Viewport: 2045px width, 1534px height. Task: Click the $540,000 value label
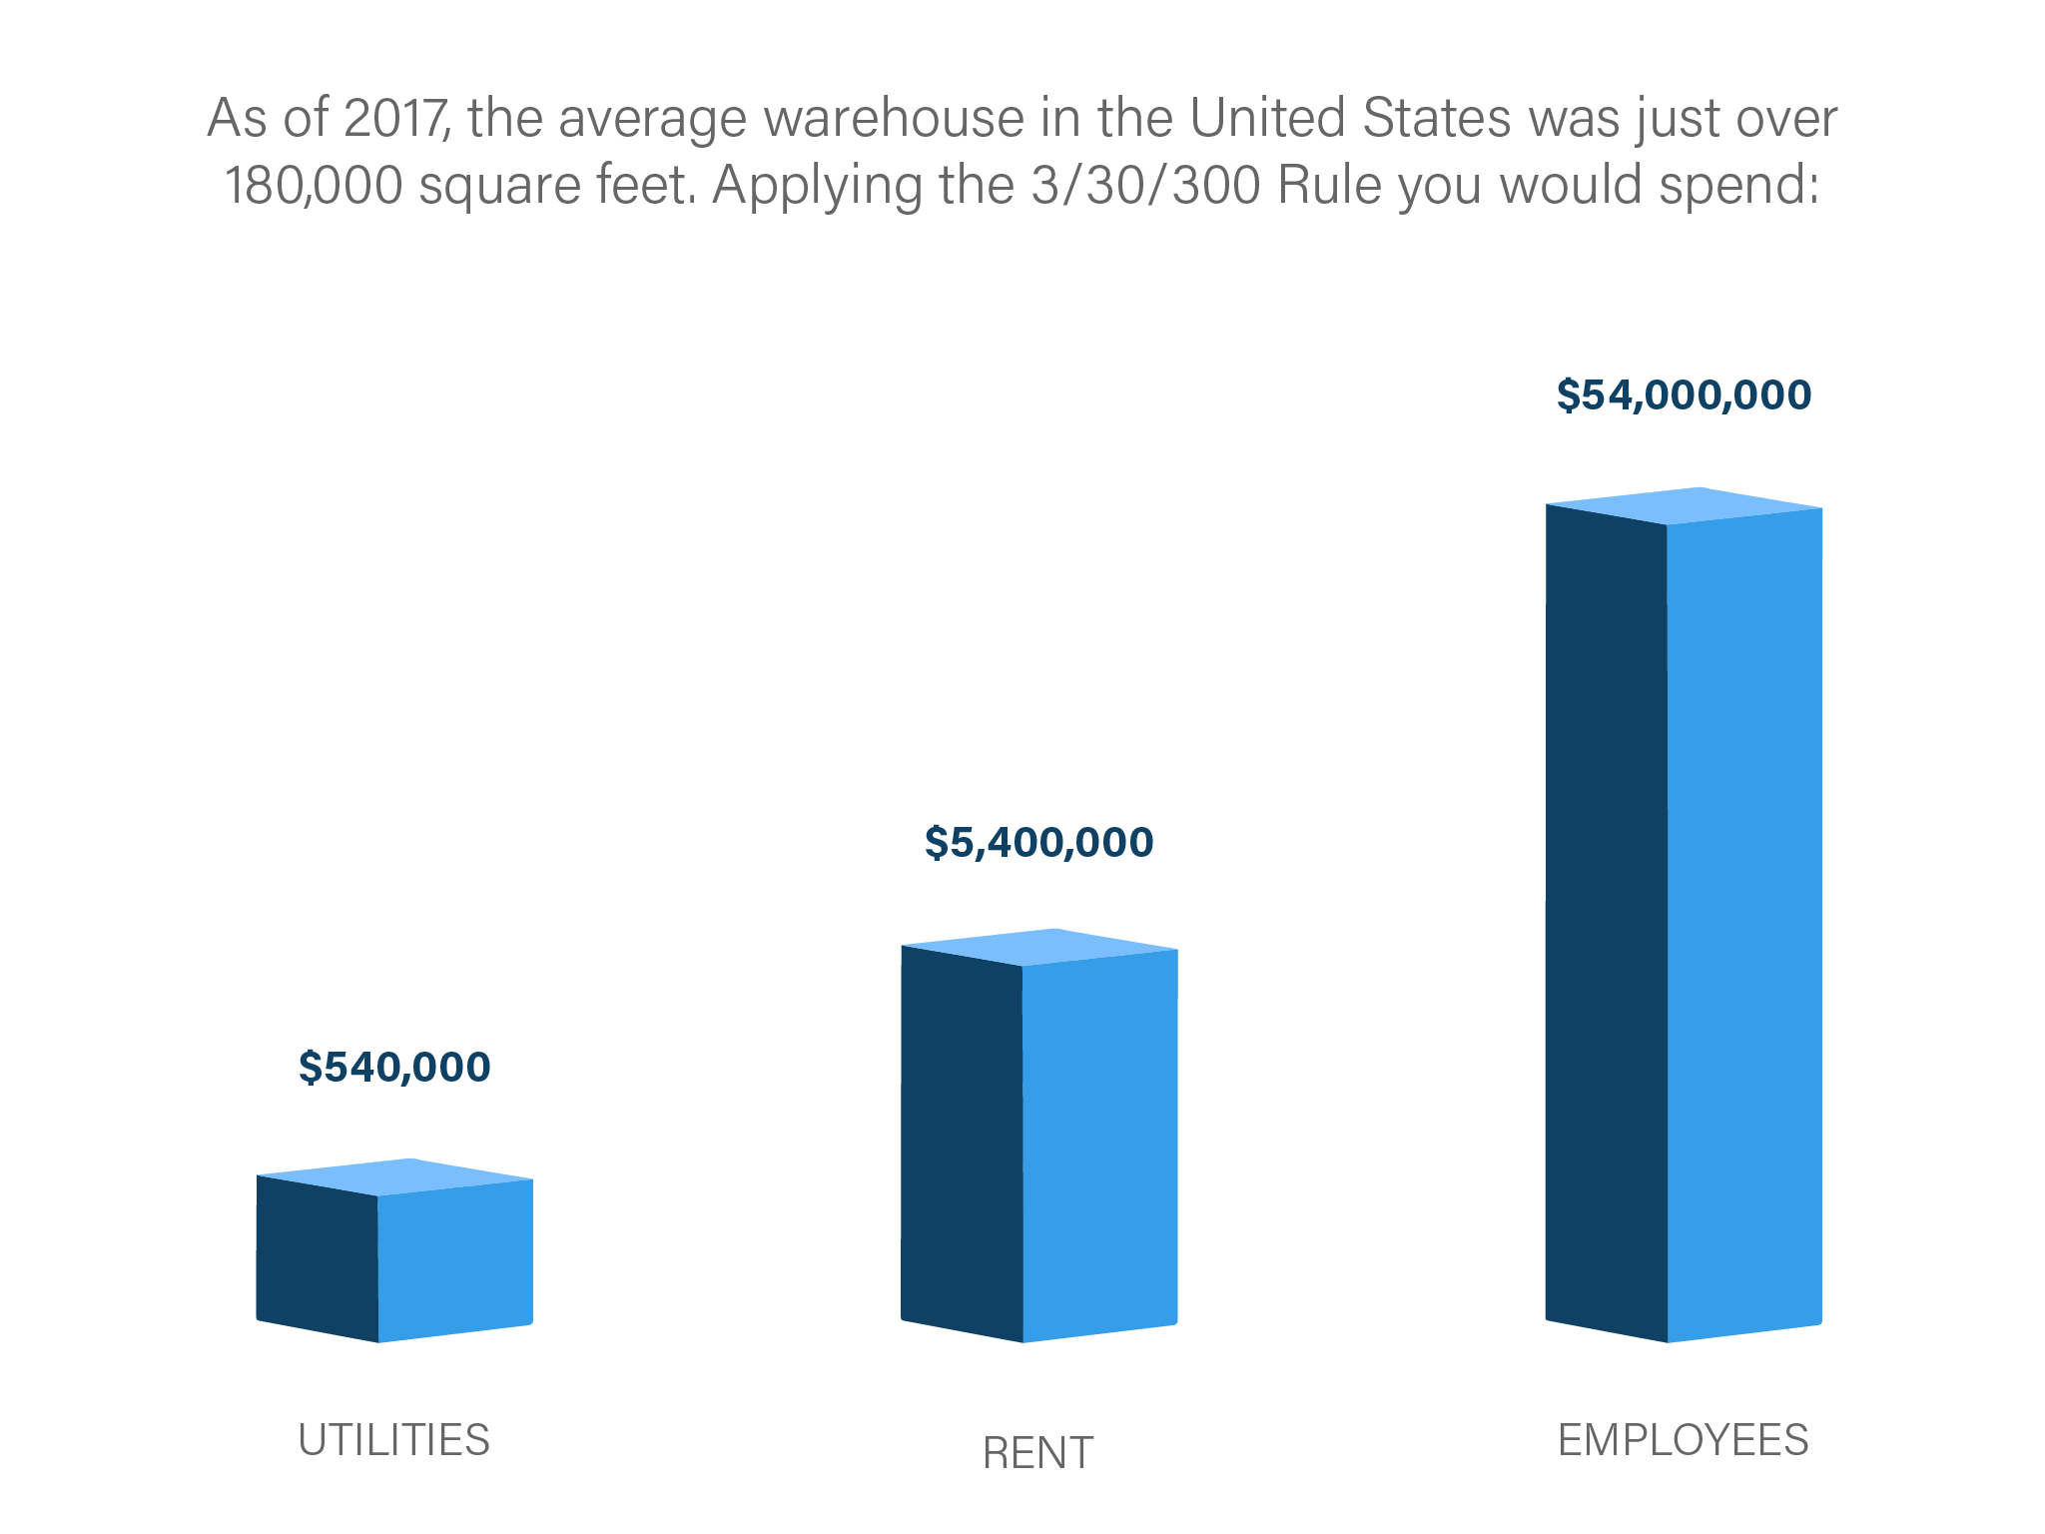pos(394,1068)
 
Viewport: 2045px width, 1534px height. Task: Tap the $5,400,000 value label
pos(1038,842)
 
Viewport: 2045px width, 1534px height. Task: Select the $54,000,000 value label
pos(1684,394)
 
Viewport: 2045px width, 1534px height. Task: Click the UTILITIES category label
pos(394,1440)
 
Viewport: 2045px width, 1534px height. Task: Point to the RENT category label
pos(1038,1453)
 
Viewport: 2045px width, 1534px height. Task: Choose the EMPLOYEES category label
pos(1684,1440)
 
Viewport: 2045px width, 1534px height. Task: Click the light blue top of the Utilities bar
pos(395,1176)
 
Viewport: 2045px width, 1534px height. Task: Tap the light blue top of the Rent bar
pos(1039,947)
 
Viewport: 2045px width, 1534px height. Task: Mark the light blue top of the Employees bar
pos(1685,505)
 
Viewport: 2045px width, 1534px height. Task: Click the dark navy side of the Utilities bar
pos(317,1260)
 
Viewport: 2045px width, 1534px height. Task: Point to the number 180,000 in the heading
pos(314,186)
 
